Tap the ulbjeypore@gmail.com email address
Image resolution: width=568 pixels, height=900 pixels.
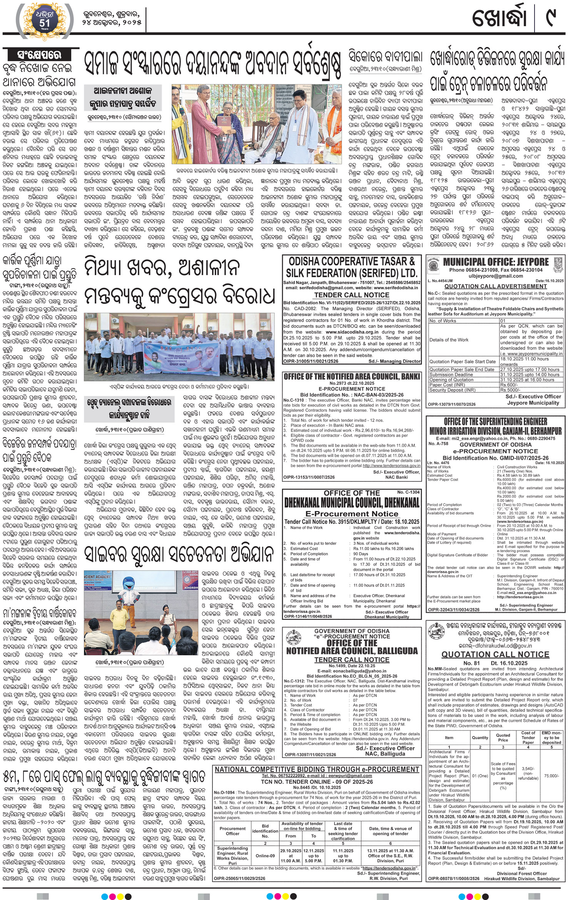[x=495, y=276]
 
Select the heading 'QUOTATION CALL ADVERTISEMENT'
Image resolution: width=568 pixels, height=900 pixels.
[x=496, y=286]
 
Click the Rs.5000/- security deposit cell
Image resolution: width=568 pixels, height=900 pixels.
[x=510, y=390]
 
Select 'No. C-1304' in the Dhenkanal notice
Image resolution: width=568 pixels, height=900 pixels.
[x=409, y=492]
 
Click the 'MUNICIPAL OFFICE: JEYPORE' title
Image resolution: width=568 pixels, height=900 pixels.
[x=496, y=262]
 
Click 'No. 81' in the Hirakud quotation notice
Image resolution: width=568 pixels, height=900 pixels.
[x=471, y=663]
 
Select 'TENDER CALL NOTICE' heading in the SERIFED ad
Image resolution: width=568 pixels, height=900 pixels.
[x=352, y=295]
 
